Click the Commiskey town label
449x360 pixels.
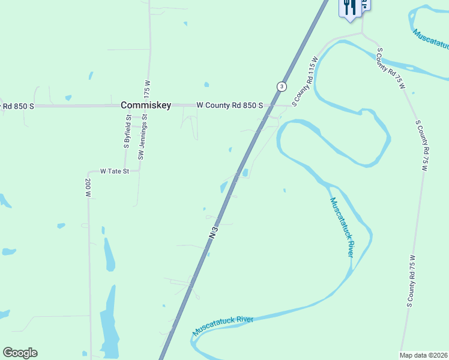[x=146, y=105]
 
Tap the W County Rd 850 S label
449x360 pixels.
[x=230, y=105]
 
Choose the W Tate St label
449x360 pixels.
[x=115, y=171]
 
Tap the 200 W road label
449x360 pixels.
[x=88, y=188]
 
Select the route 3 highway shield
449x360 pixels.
[x=281, y=86]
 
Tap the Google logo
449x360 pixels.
[x=20, y=353]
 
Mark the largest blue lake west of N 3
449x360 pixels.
[x=110, y=324]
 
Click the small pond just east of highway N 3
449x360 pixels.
[x=245, y=173]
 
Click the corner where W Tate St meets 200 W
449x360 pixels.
[x=89, y=171]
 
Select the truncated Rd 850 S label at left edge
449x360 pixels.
[x=17, y=106]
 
